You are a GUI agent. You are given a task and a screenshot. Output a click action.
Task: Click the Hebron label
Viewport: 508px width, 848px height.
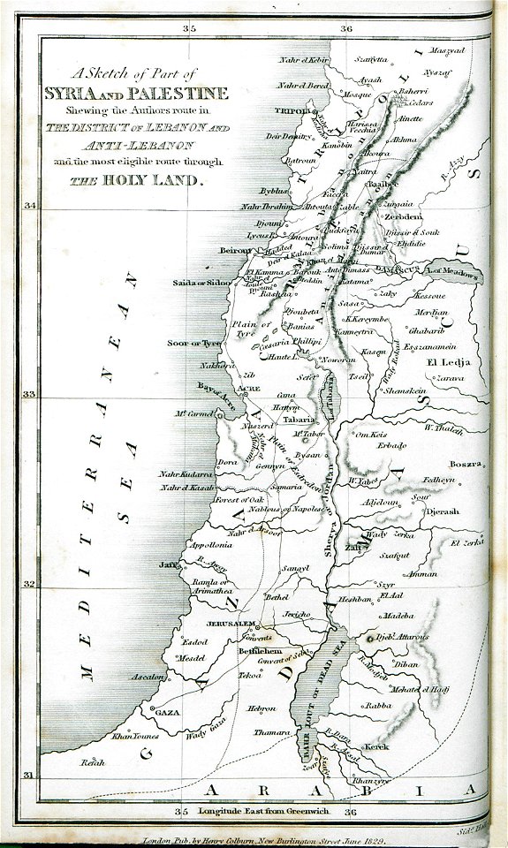(x=261, y=708)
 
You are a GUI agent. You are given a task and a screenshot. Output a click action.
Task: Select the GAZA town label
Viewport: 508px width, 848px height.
(x=167, y=711)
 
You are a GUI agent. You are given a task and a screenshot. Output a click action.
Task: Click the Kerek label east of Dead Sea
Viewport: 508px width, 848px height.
(x=376, y=747)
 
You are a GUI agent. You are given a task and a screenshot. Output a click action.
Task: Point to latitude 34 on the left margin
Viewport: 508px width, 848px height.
(x=30, y=206)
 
